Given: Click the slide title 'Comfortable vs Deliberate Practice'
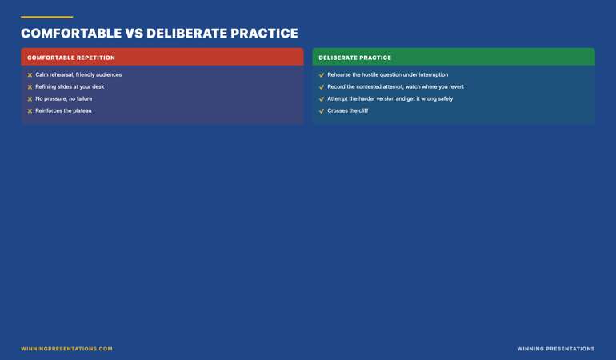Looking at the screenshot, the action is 159,34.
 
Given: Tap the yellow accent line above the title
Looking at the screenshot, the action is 46,17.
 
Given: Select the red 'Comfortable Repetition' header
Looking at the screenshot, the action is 162,57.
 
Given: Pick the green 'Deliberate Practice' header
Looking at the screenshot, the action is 454,57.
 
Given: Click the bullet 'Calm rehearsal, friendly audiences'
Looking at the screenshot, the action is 78,74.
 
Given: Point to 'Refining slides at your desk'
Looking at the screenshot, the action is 70,86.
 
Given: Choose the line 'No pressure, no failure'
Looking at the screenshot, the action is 64,98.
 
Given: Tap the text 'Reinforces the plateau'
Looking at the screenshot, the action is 63,110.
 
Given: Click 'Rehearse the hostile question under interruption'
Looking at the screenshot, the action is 388,74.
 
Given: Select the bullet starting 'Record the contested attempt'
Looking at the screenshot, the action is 396,86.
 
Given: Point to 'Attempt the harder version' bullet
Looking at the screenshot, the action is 390,98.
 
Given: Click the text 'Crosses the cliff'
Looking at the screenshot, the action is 348,110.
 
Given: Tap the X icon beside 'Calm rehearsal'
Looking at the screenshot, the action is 30,75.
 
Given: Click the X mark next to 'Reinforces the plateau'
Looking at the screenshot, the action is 30,111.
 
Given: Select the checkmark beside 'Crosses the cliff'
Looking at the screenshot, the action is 322,111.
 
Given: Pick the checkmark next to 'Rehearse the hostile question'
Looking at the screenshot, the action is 322,75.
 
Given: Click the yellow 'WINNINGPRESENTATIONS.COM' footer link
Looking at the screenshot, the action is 66,349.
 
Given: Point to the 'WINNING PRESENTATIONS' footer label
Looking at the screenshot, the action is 556,349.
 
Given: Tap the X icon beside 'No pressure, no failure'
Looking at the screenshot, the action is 30,99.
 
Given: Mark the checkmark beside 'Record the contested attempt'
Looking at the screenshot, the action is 322,87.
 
